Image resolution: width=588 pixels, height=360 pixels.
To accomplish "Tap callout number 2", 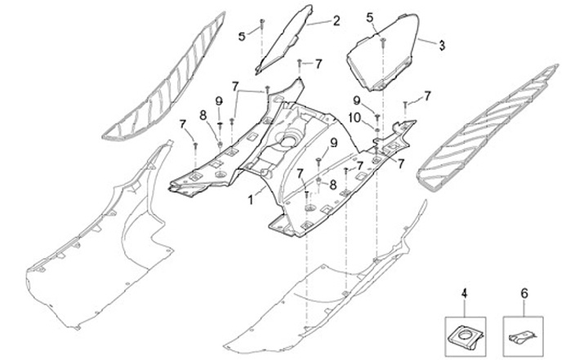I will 336,21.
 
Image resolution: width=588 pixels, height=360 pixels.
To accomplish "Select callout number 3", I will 442,44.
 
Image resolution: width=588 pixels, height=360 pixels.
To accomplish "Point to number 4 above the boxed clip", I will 465,292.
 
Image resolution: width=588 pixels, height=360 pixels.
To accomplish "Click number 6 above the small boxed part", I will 524,292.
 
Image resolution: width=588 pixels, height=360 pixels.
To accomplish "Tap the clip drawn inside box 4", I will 465,332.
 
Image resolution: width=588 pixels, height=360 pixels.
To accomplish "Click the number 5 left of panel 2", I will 242,36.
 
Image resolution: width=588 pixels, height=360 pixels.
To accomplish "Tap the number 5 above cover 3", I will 370,16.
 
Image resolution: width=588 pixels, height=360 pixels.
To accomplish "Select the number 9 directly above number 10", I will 357,100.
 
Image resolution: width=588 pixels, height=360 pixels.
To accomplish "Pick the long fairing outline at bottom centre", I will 327,286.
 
